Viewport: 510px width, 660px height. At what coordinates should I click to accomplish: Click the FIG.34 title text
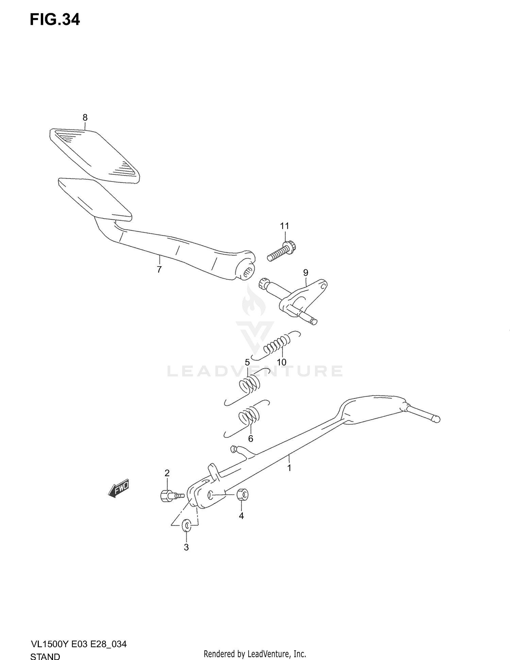tap(55, 20)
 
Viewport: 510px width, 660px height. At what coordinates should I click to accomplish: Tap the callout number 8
tap(85, 118)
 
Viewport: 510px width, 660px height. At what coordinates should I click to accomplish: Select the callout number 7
tap(159, 270)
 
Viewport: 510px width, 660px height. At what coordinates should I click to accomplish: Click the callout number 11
tap(285, 226)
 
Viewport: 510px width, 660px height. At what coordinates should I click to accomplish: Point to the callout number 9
tap(306, 273)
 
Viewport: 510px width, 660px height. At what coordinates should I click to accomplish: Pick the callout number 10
tap(282, 362)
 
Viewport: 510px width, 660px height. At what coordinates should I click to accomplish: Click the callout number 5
tap(247, 362)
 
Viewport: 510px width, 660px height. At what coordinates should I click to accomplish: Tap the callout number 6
tap(251, 439)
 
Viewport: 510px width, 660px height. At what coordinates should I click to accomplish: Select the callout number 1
tap(289, 468)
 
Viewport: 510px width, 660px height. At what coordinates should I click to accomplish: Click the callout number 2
tap(167, 473)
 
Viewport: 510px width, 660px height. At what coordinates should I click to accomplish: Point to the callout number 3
tap(186, 547)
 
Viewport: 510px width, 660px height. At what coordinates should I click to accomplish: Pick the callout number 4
tap(241, 516)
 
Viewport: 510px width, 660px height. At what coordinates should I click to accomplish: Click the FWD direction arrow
tap(118, 490)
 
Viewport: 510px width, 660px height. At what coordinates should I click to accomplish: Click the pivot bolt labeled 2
tap(172, 495)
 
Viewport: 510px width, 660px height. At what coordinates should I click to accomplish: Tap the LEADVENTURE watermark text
tap(255, 371)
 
